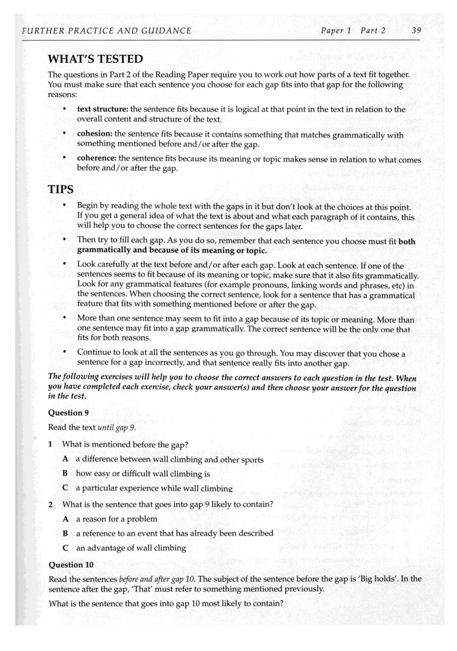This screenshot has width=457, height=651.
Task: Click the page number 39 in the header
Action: tap(416, 30)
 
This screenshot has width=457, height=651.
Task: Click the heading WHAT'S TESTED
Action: tap(96, 59)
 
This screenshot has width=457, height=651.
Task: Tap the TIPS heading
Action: tap(61, 189)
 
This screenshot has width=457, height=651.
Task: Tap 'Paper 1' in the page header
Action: tap(336, 30)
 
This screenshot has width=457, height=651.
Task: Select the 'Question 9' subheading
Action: tap(68, 413)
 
